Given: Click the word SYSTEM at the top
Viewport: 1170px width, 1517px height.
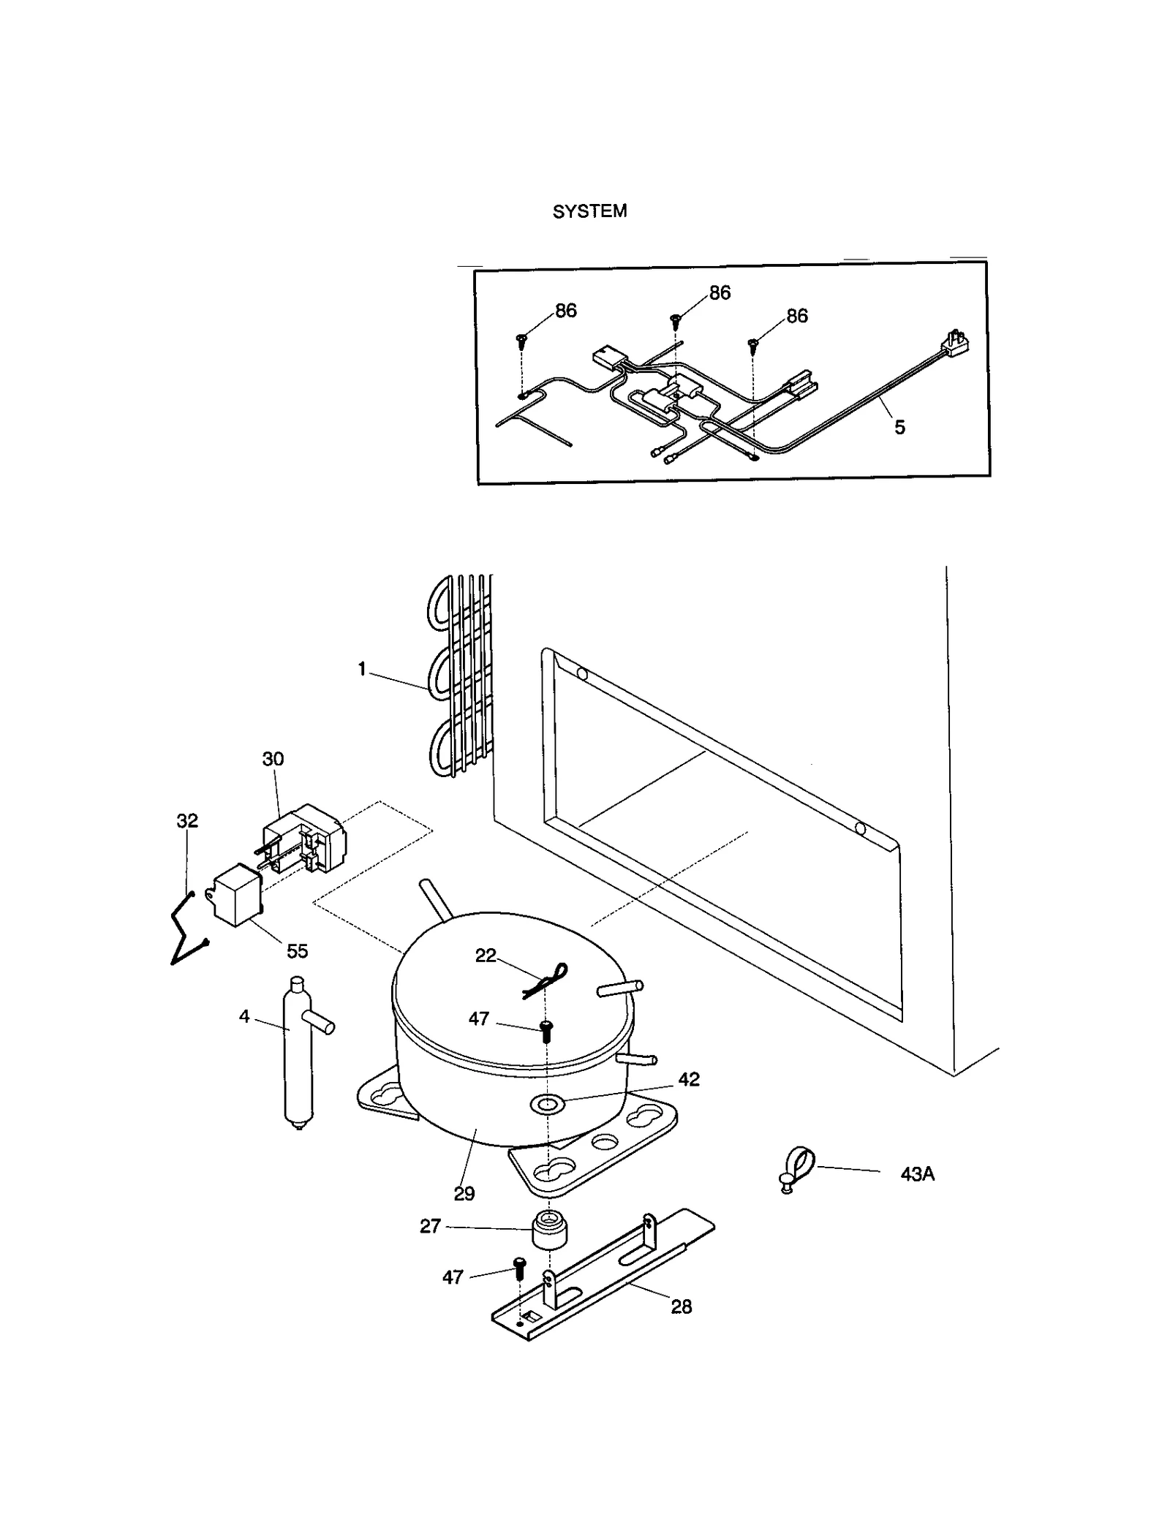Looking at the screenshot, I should [x=589, y=211].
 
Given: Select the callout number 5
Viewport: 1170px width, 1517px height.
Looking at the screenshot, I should [x=899, y=428].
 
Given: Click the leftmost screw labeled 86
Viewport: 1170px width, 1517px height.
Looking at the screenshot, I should [x=522, y=339].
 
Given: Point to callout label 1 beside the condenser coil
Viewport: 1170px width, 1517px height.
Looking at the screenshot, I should [x=361, y=669].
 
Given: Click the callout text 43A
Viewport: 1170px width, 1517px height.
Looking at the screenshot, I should [x=917, y=1174].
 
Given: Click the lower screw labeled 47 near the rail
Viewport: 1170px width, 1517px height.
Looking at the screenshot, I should [x=520, y=1267].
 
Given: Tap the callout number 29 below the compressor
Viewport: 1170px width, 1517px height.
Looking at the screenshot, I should [x=464, y=1194].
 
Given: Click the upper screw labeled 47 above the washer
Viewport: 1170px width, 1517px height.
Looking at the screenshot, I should [x=546, y=1031].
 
